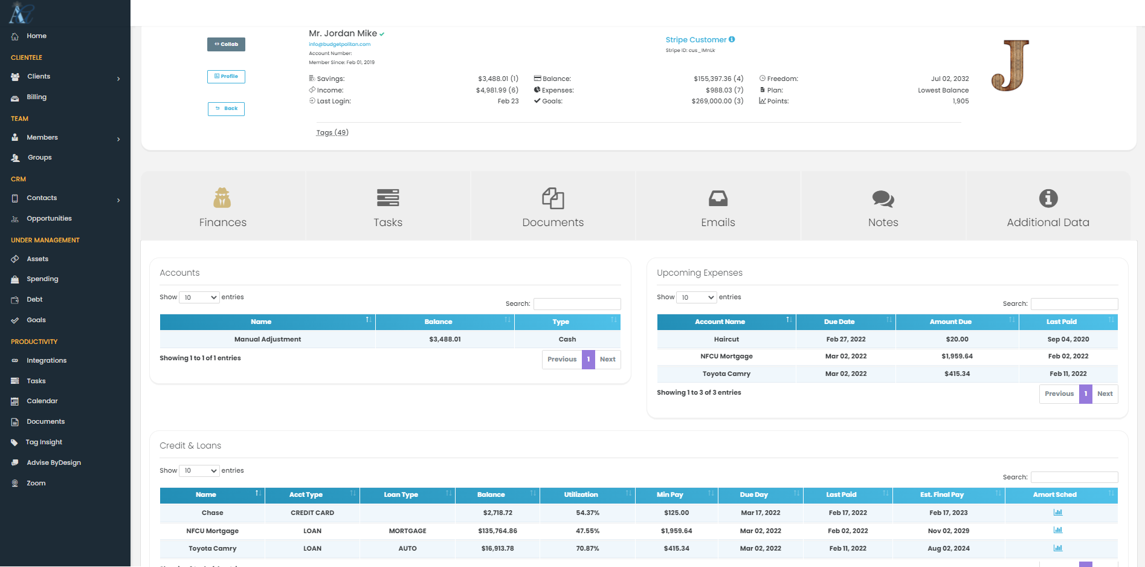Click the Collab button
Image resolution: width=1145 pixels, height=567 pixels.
tap(226, 44)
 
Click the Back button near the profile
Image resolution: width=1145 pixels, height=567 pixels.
tap(226, 109)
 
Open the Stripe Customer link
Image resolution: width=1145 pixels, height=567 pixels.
tap(695, 40)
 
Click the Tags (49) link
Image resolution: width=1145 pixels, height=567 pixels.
tap(332, 132)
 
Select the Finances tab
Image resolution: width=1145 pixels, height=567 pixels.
tap(223, 206)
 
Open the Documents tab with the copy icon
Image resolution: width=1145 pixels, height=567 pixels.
tap(553, 206)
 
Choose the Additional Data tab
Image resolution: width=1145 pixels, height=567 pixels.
tap(1048, 206)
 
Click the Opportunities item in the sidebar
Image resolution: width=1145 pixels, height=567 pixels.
tap(49, 219)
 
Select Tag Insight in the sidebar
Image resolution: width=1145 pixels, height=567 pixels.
tap(44, 442)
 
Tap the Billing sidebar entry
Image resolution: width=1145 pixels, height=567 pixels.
tap(36, 97)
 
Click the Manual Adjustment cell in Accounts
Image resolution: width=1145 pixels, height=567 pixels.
tap(268, 340)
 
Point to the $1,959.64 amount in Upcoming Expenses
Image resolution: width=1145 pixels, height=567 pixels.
tap(956, 357)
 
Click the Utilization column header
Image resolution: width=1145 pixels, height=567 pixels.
tap(581, 495)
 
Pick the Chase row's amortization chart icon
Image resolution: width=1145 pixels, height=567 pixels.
tap(1057, 513)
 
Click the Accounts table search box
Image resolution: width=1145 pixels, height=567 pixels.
tap(577, 304)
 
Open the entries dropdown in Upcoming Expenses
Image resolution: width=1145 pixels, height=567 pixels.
tap(697, 297)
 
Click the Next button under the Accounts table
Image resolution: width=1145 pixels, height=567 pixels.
tap(607, 360)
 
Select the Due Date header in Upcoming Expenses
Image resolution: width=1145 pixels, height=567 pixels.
tap(839, 322)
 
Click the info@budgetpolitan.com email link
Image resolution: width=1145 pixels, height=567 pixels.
tap(340, 44)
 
